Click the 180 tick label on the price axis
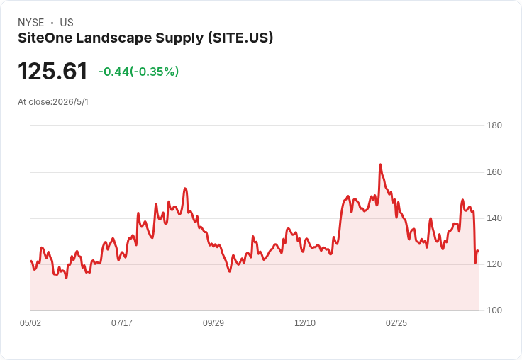(494, 125)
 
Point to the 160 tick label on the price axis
(494, 172)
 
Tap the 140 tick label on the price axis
(494, 218)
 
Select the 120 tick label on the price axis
(494, 264)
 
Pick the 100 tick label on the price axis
(494, 310)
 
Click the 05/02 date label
(30, 323)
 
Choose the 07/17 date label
(122, 323)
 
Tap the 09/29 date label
(213, 323)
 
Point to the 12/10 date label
(305, 323)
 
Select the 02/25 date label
(396, 323)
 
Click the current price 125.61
(52, 71)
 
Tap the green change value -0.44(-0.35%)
(138, 72)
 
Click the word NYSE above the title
(31, 23)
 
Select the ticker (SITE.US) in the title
(240, 38)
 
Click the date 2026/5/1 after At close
(71, 102)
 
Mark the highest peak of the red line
(380, 164)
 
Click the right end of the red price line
(479, 251)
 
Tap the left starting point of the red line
(30, 261)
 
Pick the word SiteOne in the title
(45, 38)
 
